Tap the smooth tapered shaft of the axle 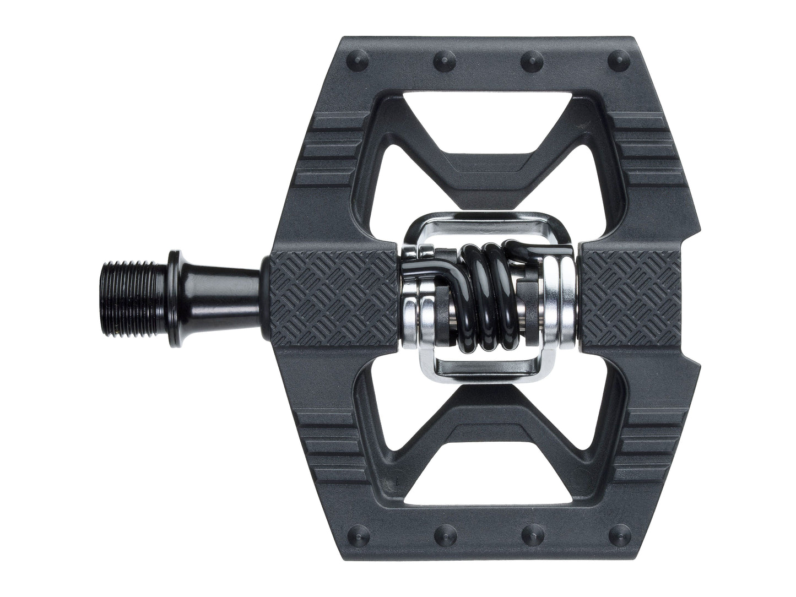coord(220,297)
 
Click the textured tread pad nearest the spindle coord(333,297)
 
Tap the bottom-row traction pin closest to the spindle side coord(353,538)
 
